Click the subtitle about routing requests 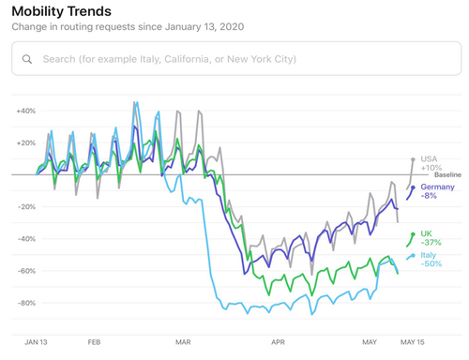[x=128, y=27]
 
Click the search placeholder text [x=169, y=59]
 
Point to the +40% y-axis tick [x=25, y=111]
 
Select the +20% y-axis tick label [x=25, y=142]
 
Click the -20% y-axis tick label [x=25, y=206]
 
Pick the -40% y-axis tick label [x=25, y=238]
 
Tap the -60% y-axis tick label [x=25, y=271]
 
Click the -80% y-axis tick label [x=25, y=303]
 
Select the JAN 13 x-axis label [x=37, y=343]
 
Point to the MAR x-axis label [x=183, y=343]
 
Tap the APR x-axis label [x=277, y=343]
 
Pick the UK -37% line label [x=431, y=237]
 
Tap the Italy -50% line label [x=431, y=259]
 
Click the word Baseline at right [x=447, y=175]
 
